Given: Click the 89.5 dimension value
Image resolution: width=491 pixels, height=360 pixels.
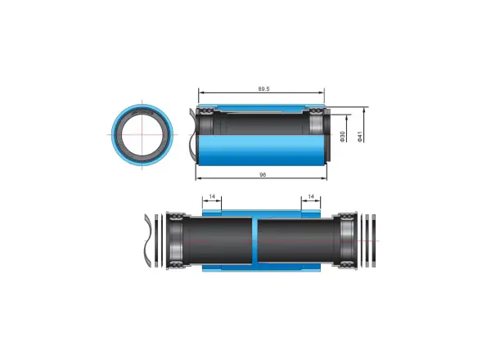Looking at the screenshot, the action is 264,89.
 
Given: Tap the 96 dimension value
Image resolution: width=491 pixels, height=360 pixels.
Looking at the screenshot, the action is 263,174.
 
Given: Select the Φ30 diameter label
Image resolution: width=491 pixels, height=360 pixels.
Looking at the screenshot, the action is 342,137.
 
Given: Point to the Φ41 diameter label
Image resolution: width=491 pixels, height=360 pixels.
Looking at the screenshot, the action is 360,137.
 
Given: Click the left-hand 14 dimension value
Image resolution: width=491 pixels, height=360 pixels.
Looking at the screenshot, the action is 212,196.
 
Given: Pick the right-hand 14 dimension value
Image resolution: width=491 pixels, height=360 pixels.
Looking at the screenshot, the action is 311,196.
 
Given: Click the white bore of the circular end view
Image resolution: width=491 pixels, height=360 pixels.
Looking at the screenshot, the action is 142,134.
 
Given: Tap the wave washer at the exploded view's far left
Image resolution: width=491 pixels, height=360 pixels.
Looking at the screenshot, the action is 147,241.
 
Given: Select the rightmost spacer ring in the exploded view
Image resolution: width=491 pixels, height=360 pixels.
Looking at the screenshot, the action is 374,241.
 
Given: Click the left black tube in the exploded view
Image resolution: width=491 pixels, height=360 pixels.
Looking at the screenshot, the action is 218,241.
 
